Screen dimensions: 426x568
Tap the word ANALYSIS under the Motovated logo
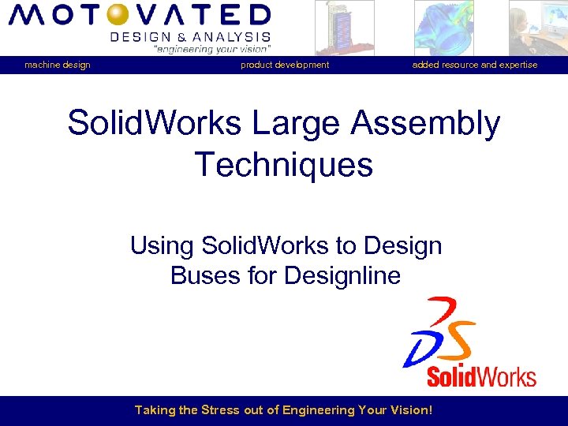click(236, 36)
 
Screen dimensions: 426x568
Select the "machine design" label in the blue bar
click(57, 65)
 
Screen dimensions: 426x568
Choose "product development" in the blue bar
click(285, 65)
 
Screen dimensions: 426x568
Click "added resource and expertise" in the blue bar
click(475, 65)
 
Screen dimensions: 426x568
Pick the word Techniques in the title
click(284, 165)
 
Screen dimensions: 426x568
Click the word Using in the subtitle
click(163, 246)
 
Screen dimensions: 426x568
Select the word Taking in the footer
click(154, 410)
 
